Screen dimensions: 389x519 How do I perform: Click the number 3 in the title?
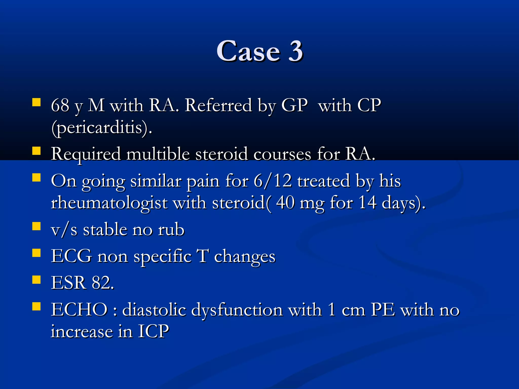(x=295, y=51)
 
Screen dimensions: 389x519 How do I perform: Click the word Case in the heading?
(x=249, y=51)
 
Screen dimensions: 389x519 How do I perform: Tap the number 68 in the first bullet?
(x=60, y=105)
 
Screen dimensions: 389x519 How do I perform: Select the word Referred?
(x=218, y=105)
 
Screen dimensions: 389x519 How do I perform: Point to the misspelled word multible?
(x=158, y=154)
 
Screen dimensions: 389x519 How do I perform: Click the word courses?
(x=282, y=154)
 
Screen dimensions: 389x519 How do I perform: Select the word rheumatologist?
(x=109, y=203)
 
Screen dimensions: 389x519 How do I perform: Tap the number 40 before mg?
(x=285, y=203)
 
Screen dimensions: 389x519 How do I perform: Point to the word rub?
(x=171, y=230)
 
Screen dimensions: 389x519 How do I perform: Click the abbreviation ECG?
(x=71, y=256)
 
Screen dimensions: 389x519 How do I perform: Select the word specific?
(x=162, y=257)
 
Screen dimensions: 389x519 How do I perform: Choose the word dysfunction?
(x=237, y=310)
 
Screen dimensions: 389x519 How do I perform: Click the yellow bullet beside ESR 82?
(x=36, y=280)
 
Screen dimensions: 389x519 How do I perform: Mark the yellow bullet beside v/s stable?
(x=36, y=226)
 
